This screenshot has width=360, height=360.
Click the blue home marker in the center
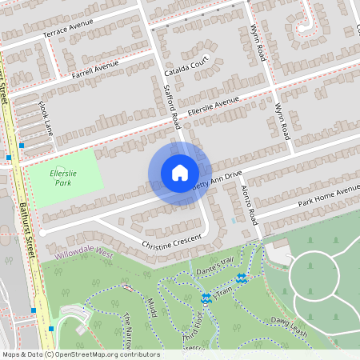click(x=180, y=173)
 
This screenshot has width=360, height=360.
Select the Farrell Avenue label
click(x=94, y=69)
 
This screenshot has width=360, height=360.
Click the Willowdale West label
click(x=85, y=252)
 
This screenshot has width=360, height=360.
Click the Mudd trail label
click(x=150, y=309)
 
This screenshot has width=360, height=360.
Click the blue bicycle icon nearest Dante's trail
click(x=242, y=278)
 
